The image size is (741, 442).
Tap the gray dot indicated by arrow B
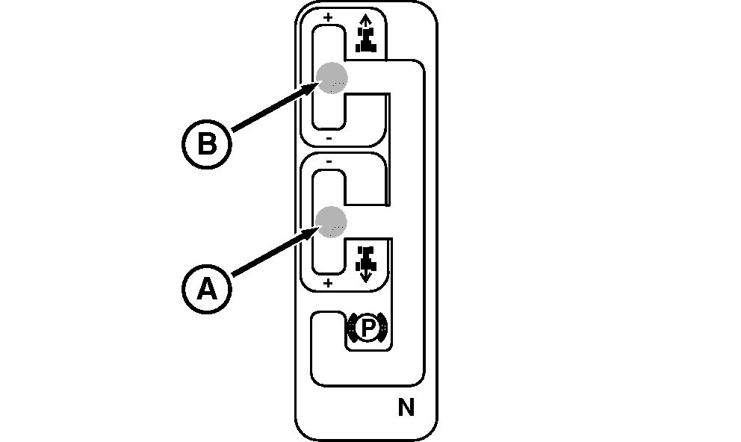click(331, 77)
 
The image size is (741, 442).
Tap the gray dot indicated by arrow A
click(331, 221)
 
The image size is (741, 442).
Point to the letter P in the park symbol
click(366, 328)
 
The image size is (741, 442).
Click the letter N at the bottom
click(406, 408)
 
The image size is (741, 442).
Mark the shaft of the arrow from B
click(269, 111)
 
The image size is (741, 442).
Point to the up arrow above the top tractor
click(365, 21)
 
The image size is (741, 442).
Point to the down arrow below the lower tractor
click(365, 276)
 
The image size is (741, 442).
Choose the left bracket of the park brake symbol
click(350, 328)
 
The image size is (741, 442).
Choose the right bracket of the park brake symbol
click(382, 328)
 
